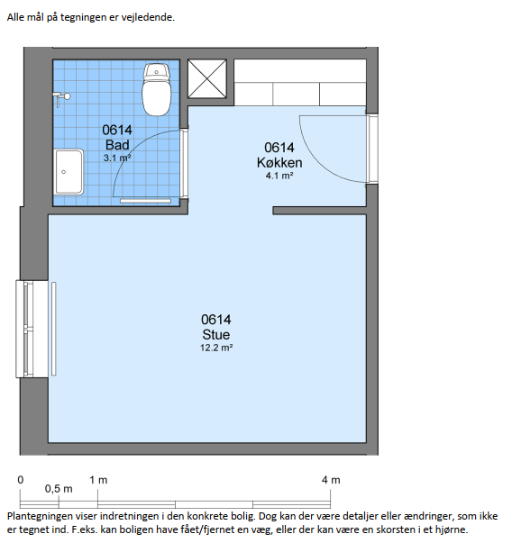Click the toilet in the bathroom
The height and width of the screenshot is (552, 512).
[157, 90]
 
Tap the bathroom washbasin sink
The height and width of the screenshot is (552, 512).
[69, 172]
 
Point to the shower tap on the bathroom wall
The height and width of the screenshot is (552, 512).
[61, 98]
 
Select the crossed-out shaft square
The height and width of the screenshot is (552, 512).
[207, 79]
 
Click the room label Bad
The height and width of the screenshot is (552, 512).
[117, 145]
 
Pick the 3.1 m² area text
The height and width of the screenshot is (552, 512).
[117, 158]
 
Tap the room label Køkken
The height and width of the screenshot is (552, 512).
[279, 163]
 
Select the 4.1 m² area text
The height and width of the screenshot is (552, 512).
[279, 176]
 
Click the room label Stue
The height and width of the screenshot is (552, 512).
[216, 334]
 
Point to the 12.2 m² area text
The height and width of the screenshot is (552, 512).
[216, 348]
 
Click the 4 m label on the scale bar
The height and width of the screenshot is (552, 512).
[331, 480]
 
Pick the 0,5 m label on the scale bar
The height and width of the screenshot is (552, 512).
[59, 489]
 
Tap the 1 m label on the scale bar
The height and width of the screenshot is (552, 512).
[98, 480]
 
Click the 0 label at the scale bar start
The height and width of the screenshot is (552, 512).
[21, 480]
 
